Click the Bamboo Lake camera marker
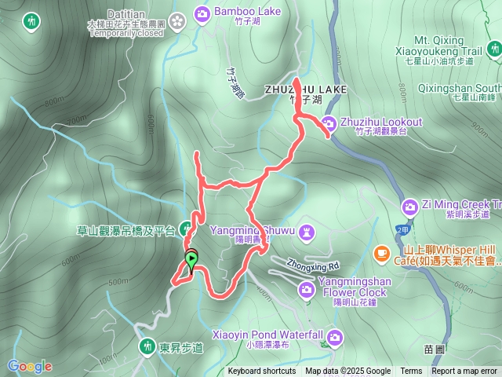pyautogui.click(x=202, y=13)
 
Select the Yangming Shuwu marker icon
pyautogui.click(x=307, y=231)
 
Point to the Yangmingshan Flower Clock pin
pyautogui.click(x=306, y=290)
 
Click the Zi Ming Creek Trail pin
pyautogui.click(x=409, y=206)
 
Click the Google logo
pyautogui.click(x=29, y=366)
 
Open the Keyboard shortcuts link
pyautogui.click(x=262, y=372)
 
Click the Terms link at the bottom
pyautogui.click(x=411, y=372)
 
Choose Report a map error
pyautogui.click(x=464, y=372)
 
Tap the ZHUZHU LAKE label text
pyautogui.click(x=306, y=90)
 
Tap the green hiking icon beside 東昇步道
pyautogui.click(x=147, y=345)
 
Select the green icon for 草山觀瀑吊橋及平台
pyautogui.click(x=185, y=230)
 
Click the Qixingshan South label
pyautogui.click(x=460, y=87)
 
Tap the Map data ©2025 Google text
pyautogui.click(x=348, y=372)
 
